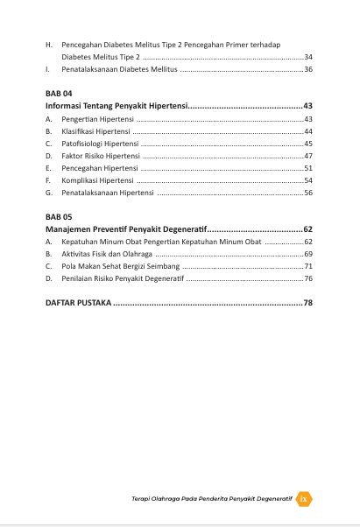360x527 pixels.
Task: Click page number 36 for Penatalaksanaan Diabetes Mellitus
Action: tap(308, 67)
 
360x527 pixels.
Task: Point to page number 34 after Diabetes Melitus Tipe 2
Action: tap(308, 55)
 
